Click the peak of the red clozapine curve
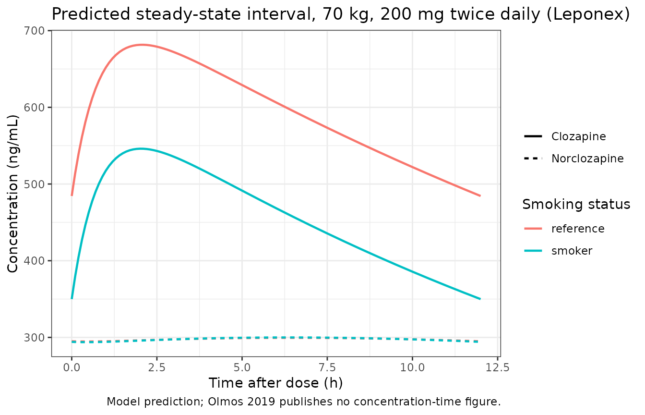142,45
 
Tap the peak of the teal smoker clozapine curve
141,149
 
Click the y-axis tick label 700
34,31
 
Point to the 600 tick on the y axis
34,108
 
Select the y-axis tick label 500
34,184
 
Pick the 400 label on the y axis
34,261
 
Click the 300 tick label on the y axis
34,338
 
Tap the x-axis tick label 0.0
72,368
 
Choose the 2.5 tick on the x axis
157,368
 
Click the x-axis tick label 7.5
327,368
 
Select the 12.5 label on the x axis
498,368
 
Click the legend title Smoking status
576,204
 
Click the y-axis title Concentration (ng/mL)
12,194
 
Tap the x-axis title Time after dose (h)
276,383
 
